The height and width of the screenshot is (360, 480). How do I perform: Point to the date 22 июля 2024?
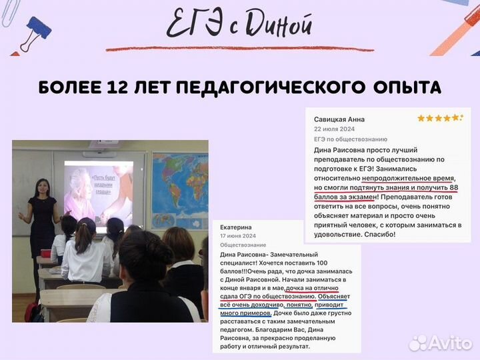coord(334,129)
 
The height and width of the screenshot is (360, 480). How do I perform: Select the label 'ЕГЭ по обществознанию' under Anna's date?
coord(351,139)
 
